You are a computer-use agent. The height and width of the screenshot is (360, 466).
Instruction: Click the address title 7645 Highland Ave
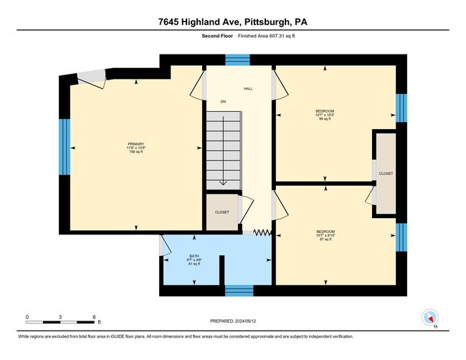coord(233,22)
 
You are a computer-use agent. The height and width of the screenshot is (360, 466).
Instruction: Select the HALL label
coord(248,89)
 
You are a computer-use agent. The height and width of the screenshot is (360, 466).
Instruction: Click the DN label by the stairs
coord(223,101)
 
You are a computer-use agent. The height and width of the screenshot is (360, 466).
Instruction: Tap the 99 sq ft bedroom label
coord(325,115)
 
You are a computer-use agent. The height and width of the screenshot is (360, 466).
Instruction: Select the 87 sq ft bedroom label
coord(325,235)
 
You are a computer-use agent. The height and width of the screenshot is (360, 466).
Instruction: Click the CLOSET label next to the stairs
coord(222,213)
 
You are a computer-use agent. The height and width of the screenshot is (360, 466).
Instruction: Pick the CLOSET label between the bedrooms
coord(386,174)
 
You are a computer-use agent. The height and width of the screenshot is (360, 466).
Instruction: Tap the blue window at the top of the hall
coord(234,60)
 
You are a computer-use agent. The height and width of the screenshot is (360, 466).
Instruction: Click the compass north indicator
coord(430,318)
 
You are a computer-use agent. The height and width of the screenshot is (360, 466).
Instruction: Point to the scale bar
coord(60,321)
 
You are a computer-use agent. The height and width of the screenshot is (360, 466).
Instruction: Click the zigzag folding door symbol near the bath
coord(262,232)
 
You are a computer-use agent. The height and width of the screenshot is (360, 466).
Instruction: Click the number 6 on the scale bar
coord(94,316)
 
